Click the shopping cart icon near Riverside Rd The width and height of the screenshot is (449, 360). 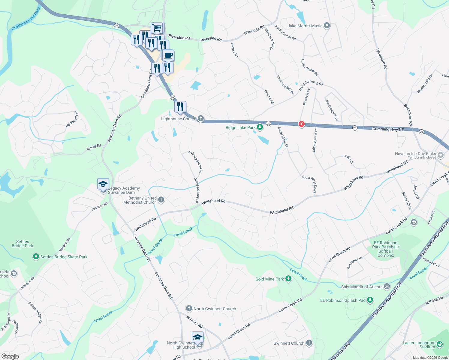157,28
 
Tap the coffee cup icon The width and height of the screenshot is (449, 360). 168,55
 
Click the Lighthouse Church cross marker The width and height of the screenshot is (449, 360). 201,119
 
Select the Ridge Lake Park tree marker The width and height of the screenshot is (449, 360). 260,127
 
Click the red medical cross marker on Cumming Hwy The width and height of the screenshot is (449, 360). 302,124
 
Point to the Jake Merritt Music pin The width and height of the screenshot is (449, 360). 327,26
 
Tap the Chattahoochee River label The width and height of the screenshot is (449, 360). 26,19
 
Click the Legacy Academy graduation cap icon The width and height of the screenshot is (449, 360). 103,184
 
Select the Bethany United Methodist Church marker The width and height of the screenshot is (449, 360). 161,200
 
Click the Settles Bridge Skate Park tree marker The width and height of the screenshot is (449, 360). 36,256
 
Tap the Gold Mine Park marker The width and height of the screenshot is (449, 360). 288,279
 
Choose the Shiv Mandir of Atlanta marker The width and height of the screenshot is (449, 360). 387,286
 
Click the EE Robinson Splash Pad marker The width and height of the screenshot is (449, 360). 370,300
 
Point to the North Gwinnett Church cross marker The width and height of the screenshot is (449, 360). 189,308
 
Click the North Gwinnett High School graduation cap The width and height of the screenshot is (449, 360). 197,337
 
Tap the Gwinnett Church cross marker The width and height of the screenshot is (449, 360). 309,343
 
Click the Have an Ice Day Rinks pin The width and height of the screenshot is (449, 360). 441,155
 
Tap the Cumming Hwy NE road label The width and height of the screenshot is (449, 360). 388,129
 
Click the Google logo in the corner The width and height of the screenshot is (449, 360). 10,356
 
